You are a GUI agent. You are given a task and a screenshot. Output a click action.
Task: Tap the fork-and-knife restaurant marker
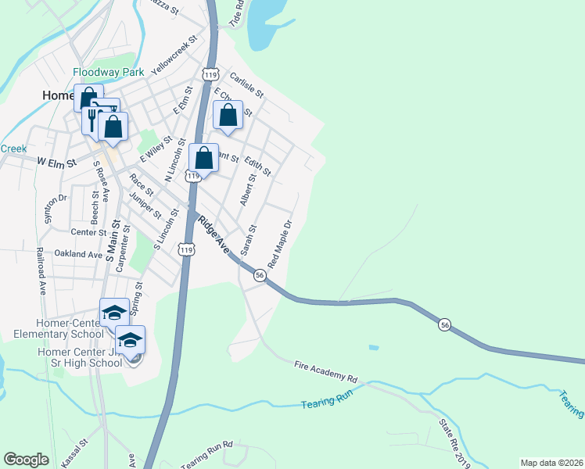[x=92, y=119]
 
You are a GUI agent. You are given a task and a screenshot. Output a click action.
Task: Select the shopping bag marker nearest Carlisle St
[x=228, y=116]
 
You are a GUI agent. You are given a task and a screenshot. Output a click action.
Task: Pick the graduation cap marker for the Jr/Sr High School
[x=131, y=340]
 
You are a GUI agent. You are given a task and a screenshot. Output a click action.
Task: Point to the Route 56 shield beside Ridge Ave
[x=260, y=275]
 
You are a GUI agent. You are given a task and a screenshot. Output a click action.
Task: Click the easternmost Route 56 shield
[x=444, y=324]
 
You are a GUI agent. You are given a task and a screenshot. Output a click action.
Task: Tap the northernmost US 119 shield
[x=209, y=73]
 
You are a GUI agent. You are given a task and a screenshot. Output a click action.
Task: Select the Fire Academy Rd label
[x=325, y=371]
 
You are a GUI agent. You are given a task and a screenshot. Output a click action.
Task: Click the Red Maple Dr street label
[x=280, y=242]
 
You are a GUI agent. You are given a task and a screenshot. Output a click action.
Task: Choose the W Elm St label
[x=56, y=164]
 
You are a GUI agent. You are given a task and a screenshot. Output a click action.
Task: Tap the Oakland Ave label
[x=78, y=254]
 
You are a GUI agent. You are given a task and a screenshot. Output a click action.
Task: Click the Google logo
[x=26, y=460]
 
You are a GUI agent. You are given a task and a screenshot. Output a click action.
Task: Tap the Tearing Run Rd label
[x=207, y=456]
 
